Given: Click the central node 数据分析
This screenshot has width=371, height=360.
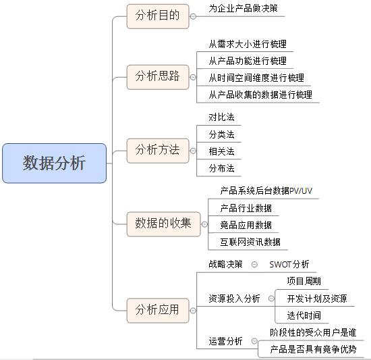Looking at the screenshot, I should [x=54, y=163].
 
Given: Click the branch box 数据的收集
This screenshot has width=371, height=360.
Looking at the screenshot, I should [x=163, y=223].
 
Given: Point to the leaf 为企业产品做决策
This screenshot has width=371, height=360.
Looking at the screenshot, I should [x=242, y=9].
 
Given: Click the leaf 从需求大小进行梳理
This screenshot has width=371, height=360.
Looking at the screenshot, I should [x=248, y=44].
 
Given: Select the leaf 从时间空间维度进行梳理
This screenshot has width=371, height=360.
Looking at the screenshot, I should [x=256, y=78].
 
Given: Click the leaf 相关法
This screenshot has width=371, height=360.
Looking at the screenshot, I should [x=221, y=151].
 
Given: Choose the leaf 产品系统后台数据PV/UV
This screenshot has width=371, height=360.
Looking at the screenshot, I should [x=266, y=191].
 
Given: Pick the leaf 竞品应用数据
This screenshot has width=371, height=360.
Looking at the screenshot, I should [x=246, y=225].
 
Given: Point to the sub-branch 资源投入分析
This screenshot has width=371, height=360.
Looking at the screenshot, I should [x=234, y=299].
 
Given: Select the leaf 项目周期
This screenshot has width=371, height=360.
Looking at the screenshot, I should [x=304, y=281].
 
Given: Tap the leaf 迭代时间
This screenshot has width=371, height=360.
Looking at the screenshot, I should [x=304, y=315].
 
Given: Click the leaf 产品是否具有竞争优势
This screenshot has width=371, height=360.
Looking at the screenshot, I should [x=313, y=349].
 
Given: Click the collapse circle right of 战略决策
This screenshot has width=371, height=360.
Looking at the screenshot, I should [x=254, y=264].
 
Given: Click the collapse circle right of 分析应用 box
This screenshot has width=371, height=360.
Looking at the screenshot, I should [x=193, y=311].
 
